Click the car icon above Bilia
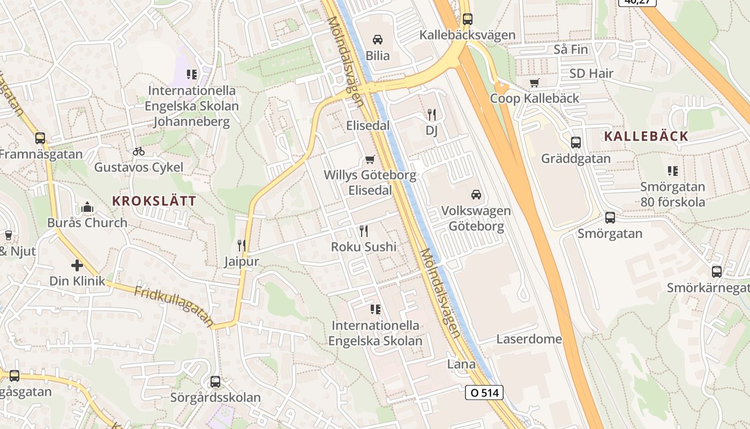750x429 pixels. (378, 39)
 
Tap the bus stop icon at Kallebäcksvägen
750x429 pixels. (467, 19)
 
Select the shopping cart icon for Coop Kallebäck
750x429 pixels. (534, 83)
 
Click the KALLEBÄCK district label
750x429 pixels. (646, 136)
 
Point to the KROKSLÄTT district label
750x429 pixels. (154, 201)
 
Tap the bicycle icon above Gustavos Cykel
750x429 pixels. (139, 151)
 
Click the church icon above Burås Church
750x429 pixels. (87, 206)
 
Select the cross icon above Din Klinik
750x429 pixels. (77, 265)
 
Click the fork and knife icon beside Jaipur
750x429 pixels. (242, 246)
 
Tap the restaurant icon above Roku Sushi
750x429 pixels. (364, 231)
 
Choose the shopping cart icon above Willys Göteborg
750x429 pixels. (370, 159)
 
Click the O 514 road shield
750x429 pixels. (484, 393)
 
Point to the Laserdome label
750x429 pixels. (529, 339)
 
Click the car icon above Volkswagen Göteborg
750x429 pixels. (476, 194)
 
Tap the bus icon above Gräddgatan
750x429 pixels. (576, 143)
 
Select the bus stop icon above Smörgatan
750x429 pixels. (610, 217)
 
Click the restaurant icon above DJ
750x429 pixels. (432, 114)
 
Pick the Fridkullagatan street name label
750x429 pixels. (174, 307)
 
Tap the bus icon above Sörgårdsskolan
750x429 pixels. (215, 382)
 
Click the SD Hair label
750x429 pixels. (591, 73)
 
